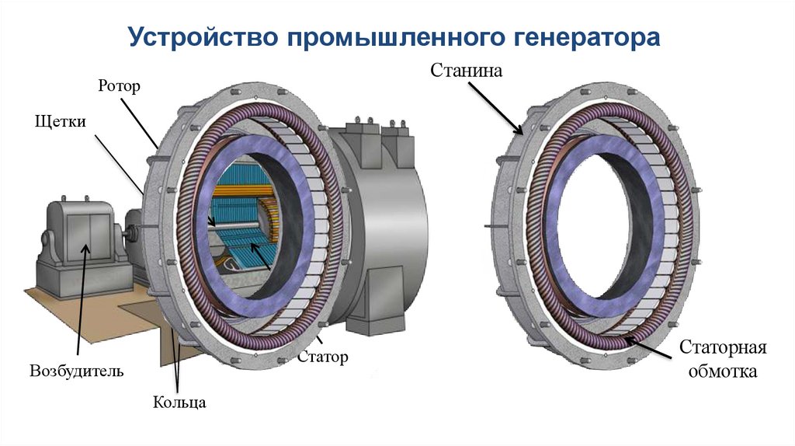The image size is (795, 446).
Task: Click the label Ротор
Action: point(119,85)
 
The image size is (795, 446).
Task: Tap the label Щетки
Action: point(60,122)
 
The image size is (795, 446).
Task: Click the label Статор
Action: point(322,357)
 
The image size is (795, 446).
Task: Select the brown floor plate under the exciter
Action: point(70,311)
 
